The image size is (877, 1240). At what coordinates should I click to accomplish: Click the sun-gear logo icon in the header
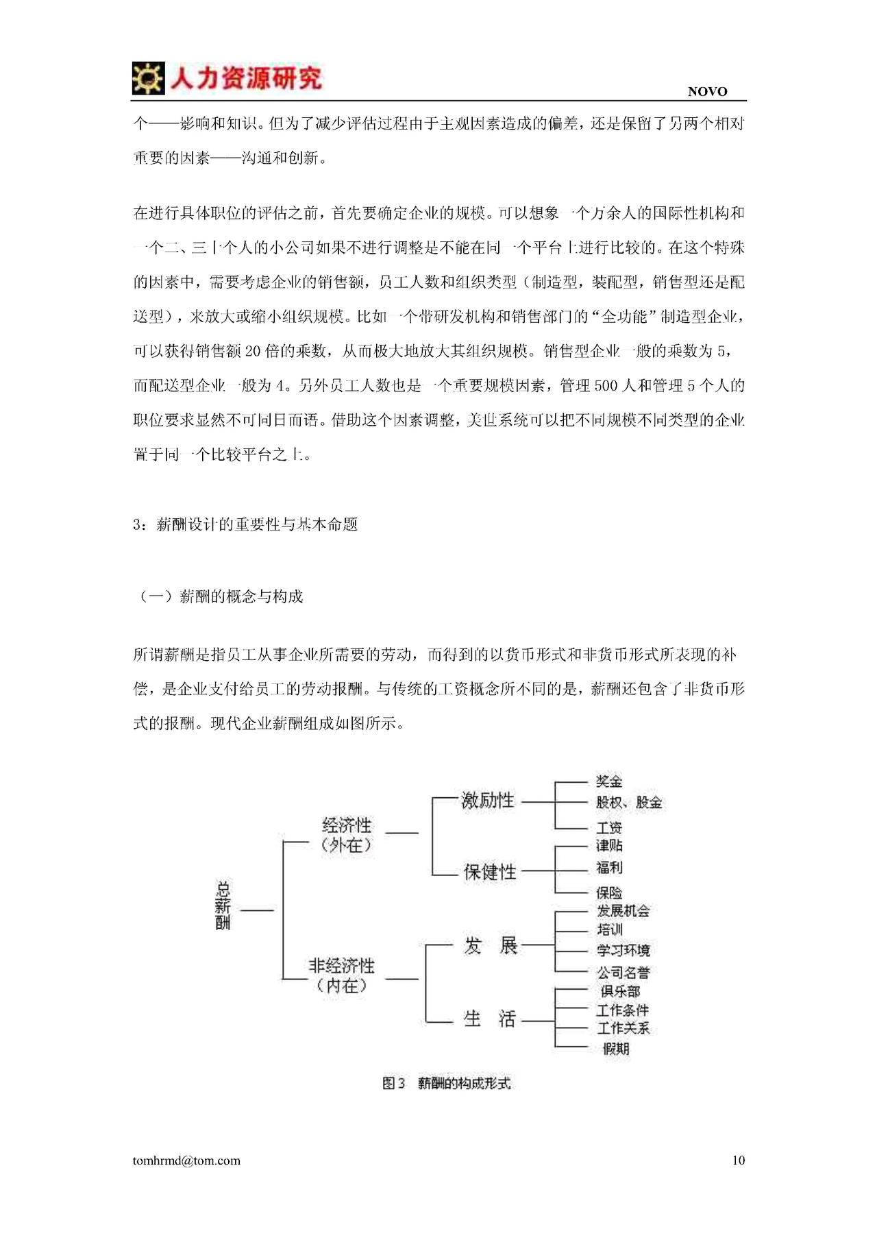tap(148, 78)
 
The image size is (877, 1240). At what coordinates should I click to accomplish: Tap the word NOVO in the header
tap(707, 92)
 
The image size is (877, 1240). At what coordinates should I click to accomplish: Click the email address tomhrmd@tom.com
tap(186, 1160)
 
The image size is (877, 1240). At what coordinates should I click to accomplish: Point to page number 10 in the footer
tap(738, 1160)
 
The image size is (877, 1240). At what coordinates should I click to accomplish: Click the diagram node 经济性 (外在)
tap(347, 834)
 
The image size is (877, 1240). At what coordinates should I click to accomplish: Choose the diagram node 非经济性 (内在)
tap(342, 975)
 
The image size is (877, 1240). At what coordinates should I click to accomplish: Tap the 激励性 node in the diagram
tap(487, 800)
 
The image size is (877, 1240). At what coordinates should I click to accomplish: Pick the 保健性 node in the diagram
tap(489, 872)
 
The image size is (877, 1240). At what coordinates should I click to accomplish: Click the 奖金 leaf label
tap(609, 781)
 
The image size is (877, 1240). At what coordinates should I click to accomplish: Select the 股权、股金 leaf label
tap(628, 802)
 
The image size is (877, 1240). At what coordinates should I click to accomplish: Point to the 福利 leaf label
tap(609, 867)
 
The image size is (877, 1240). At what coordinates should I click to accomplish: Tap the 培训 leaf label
tap(609, 929)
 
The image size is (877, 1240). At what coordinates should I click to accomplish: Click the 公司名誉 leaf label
tap(623, 972)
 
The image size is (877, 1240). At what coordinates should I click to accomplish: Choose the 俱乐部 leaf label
tap(620, 991)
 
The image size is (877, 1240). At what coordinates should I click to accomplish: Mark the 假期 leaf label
tap(615, 1049)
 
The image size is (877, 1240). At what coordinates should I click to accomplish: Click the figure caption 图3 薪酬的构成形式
tap(446, 1083)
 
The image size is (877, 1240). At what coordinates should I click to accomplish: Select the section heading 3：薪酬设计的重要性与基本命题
tap(245, 524)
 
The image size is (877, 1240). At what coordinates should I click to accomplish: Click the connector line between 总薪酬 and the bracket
tap(257, 910)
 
